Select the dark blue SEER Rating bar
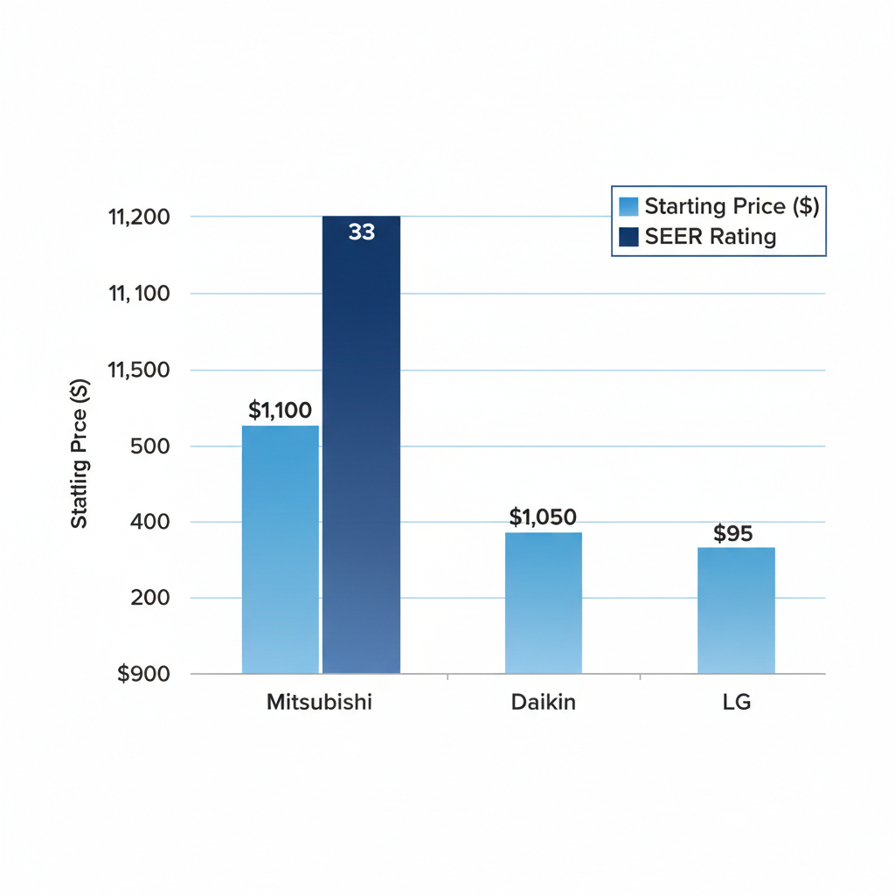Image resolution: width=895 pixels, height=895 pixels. click(361, 446)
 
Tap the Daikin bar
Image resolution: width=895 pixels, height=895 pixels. click(544, 602)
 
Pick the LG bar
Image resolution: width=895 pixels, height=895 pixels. click(736, 610)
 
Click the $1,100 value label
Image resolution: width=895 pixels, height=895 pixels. click(280, 410)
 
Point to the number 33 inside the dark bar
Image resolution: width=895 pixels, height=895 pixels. click(361, 232)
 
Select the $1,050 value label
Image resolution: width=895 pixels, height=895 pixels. click(543, 517)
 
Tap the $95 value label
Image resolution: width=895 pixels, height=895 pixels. click(732, 534)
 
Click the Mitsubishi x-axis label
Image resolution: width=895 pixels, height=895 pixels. click(319, 703)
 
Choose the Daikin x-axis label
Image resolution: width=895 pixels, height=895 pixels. click(544, 703)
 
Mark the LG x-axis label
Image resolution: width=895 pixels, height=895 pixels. click(736, 703)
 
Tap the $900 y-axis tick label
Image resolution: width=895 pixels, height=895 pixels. click(145, 675)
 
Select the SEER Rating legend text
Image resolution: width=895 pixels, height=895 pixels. click(710, 236)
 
